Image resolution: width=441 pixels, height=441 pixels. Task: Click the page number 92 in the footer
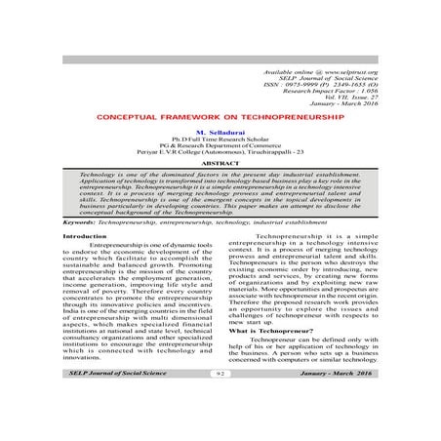click(x=220, y=400)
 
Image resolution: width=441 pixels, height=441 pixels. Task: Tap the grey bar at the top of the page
click(x=220, y=60)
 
